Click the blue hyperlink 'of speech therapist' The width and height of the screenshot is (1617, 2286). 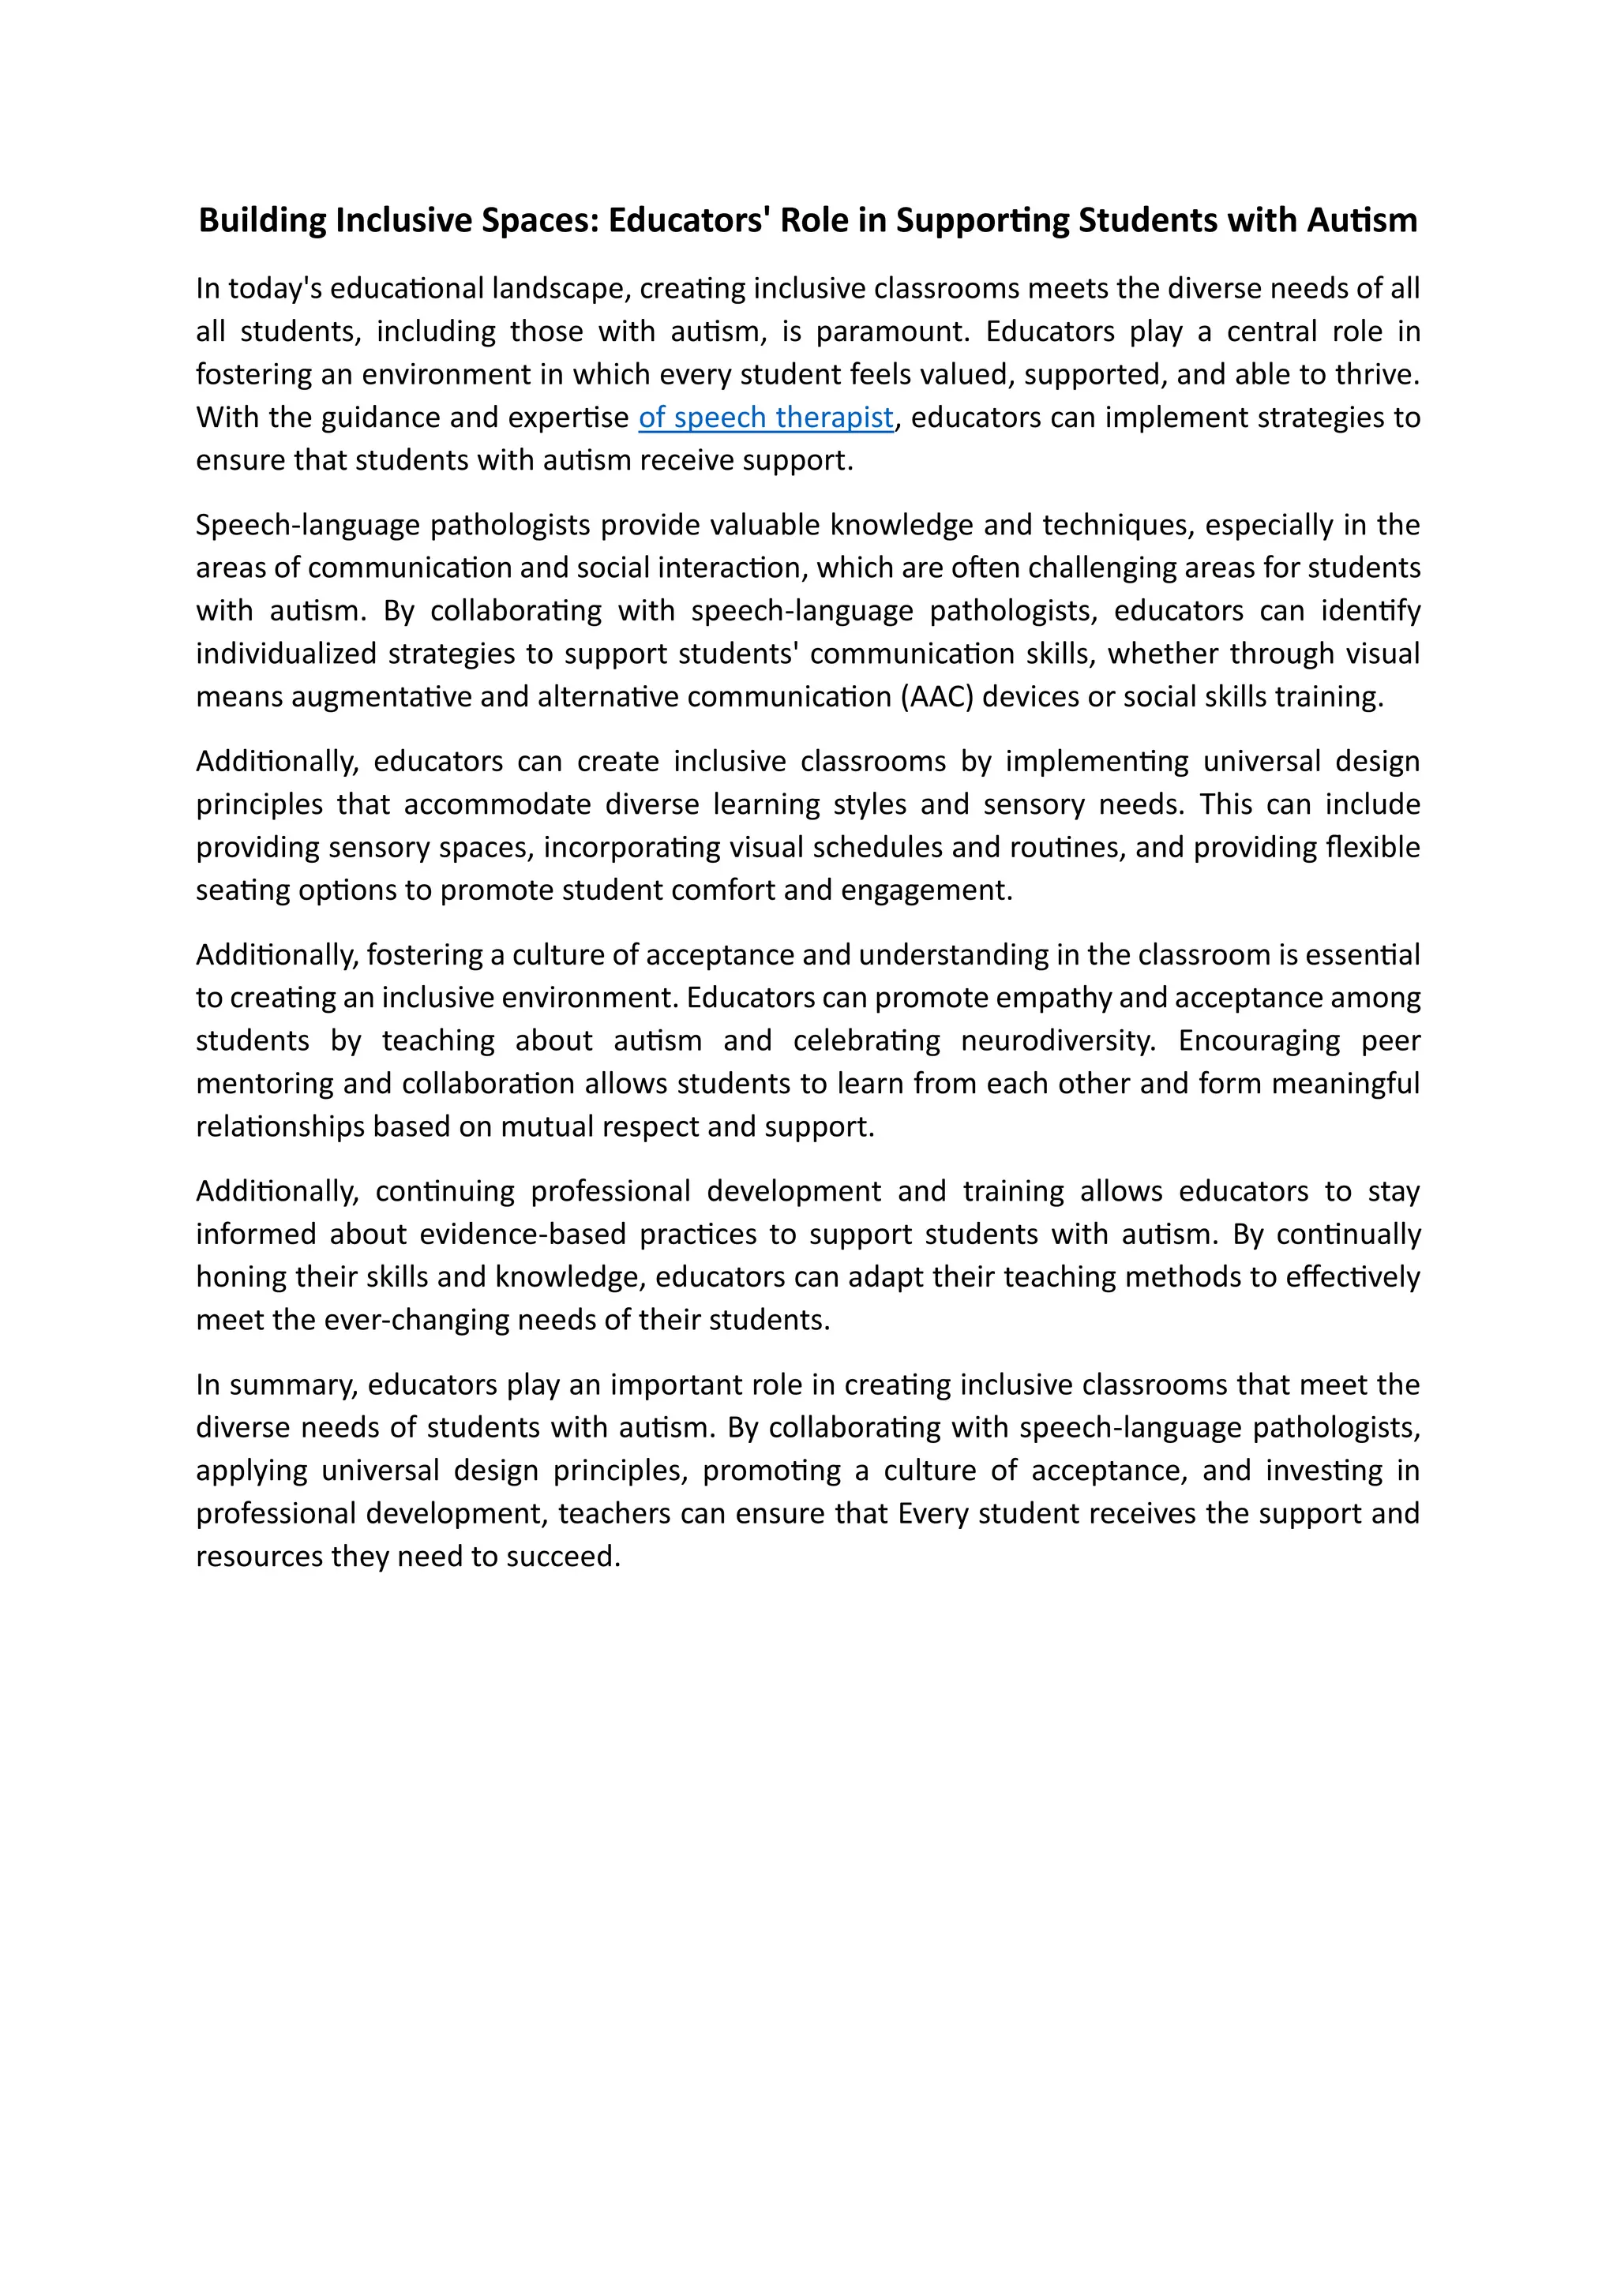765,417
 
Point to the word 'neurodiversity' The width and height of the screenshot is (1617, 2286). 1056,1040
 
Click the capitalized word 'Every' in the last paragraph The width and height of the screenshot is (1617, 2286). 934,1513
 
